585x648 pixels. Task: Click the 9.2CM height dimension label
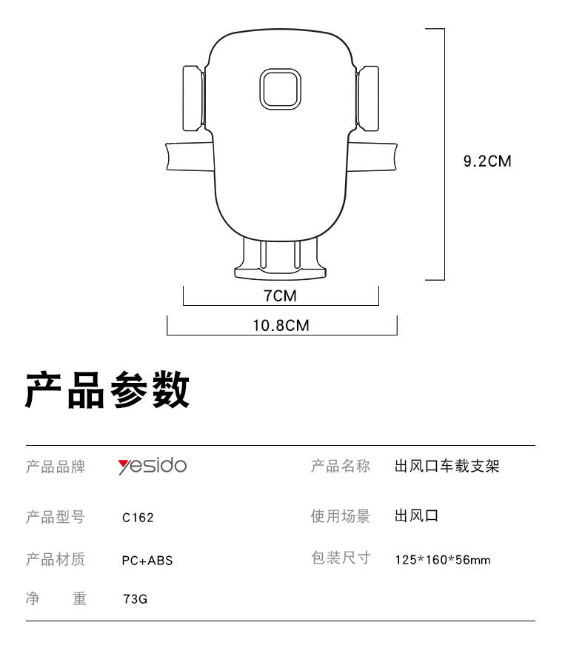coord(487,161)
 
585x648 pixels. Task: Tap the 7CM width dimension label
coord(280,296)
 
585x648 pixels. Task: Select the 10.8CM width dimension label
coord(281,326)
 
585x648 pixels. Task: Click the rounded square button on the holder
coord(280,90)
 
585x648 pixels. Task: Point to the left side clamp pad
coord(193,98)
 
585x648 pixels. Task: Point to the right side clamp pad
coord(367,98)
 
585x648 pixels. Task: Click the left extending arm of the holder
coord(190,156)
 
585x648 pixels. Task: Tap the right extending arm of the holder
coord(372,156)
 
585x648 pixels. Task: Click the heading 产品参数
coord(107,390)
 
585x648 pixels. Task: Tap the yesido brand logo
coord(152,466)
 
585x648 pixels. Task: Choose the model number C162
coord(138,518)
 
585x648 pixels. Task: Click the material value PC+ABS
coord(147,561)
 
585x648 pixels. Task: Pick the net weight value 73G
coord(135,599)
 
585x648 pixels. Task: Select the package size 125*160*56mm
coord(443,560)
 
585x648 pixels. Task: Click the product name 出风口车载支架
coord(447,466)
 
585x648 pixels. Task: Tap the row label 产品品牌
coord(56,467)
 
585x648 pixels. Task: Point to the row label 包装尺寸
coord(341,558)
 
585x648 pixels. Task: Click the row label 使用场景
coord(341,516)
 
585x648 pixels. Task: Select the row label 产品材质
coord(56,559)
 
